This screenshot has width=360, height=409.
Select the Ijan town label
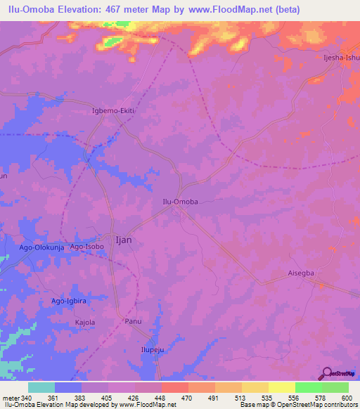click(122, 239)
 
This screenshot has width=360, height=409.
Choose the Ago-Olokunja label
click(41, 248)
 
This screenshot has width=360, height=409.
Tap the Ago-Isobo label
click(86, 247)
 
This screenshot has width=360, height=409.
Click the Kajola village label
click(84, 323)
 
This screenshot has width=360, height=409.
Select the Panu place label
click(133, 321)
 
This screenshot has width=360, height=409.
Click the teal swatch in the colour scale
click(41, 387)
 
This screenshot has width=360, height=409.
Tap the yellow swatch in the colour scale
click(281, 387)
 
